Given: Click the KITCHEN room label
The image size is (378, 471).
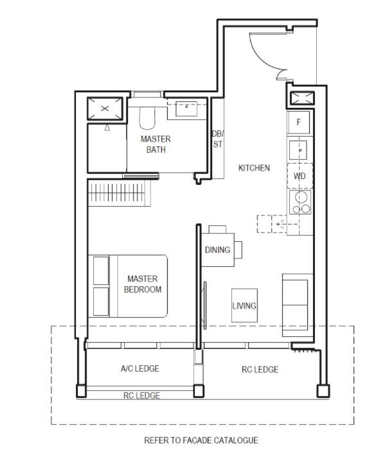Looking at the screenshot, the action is point(254,168).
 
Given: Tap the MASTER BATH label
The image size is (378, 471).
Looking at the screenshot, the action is point(156,144).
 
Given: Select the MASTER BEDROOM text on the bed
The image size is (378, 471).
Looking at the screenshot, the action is point(143,284).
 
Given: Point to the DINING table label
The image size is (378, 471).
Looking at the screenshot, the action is point(217,250).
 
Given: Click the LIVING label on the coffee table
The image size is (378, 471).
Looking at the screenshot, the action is point(244,306).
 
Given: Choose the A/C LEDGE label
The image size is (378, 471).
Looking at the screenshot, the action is point(140,368).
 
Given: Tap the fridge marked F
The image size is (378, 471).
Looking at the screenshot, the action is point(298,122).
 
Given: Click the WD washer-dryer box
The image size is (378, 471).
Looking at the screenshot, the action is point(300,176).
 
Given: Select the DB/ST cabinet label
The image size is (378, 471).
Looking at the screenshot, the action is point(218,139).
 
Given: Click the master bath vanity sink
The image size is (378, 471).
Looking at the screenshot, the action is point(186,108).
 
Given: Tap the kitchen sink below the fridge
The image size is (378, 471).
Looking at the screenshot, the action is point(298,150).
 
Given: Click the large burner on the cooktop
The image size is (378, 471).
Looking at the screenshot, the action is point(301,198).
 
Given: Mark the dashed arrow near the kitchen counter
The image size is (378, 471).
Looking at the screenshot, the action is point(287,224).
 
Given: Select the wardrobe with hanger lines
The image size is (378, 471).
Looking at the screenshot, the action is point(120,193).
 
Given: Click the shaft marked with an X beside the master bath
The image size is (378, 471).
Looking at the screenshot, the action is point(105,108).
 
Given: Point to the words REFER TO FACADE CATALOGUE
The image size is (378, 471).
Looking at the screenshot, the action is point(201,440).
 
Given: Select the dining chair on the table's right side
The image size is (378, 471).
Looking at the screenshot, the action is point(239,250).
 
